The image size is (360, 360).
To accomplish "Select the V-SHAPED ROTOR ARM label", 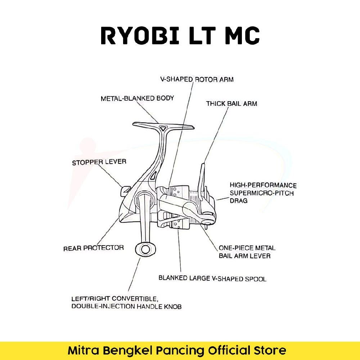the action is [x=197, y=79].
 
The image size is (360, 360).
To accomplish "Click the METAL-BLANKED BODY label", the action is [x=137, y=98].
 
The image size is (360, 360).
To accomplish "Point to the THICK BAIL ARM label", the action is [x=231, y=104].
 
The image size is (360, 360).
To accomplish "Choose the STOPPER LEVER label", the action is [x=99, y=162].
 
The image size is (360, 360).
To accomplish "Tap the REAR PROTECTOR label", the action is [x=94, y=248].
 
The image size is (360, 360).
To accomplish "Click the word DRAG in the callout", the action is [x=239, y=201].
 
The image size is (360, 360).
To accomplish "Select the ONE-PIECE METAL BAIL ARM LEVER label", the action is [x=247, y=252].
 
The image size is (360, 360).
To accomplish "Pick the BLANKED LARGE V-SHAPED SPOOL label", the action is [x=212, y=279].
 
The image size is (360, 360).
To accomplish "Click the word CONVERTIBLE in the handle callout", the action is [x=135, y=299].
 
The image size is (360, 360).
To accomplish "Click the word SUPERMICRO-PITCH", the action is [x=262, y=193].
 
